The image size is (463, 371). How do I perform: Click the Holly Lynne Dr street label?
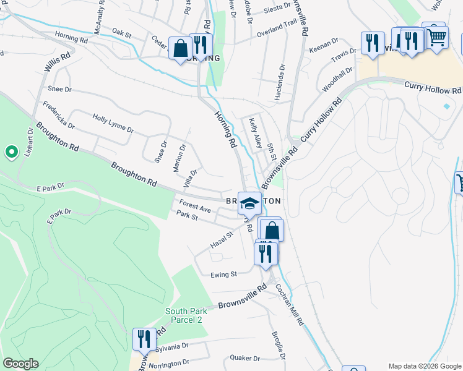point(113,122)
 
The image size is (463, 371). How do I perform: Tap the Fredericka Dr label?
point(59,116)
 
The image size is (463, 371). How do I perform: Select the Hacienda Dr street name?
point(280,82)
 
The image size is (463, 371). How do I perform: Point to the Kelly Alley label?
point(255,133)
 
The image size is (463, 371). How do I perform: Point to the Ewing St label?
point(224,274)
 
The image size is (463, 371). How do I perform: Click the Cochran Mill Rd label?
point(290,305)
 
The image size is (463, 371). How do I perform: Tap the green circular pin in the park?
point(11,151)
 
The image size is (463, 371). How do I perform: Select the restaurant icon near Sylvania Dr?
point(144,339)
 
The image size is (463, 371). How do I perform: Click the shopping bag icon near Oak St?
point(180,48)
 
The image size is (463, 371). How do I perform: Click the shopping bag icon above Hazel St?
point(272,231)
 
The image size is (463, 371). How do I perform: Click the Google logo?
point(20,364)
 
